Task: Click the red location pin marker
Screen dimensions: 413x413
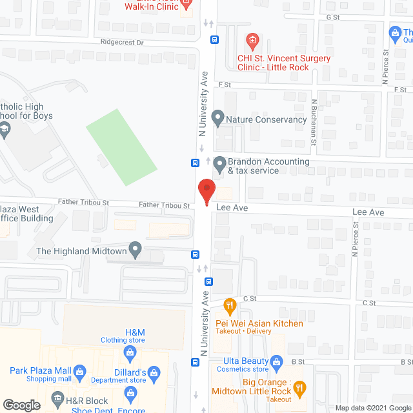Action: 206,192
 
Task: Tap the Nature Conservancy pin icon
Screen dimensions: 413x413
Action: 218,119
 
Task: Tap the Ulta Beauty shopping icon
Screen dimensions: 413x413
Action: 277,361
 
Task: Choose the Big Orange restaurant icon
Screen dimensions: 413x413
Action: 299,388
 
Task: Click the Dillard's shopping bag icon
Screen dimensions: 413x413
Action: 154,372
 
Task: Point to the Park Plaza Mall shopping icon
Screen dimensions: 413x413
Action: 79,371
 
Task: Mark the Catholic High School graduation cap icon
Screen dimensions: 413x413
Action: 5,130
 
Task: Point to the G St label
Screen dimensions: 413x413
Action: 333,17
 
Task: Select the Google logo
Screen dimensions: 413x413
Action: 21,405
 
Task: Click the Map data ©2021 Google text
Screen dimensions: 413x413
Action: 373,408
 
